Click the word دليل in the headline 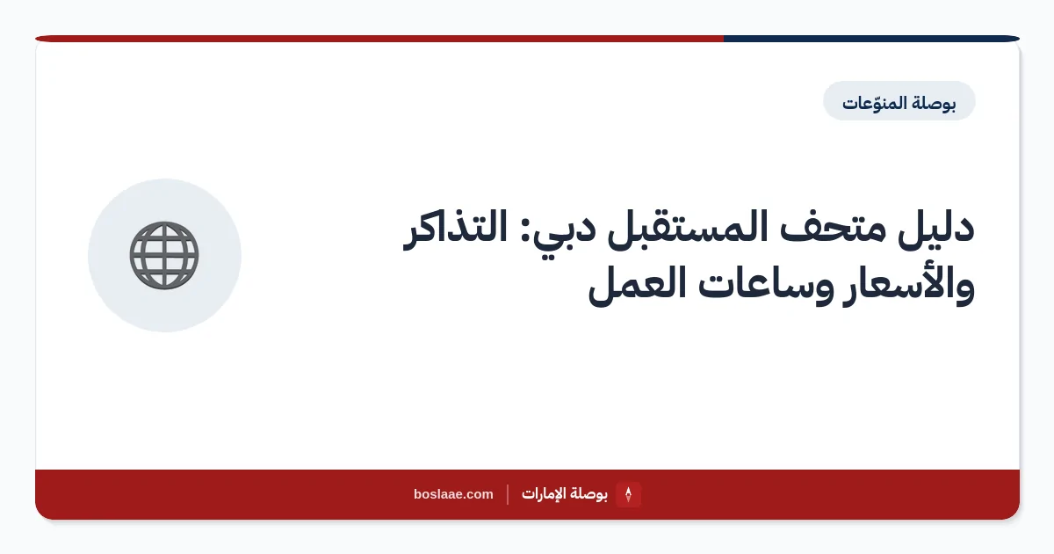tap(936, 229)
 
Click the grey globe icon tap(164, 255)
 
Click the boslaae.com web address tap(453, 494)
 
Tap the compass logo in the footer tap(628, 494)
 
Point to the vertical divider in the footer tap(508, 494)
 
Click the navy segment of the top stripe tap(871, 39)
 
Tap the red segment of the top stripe tap(379, 39)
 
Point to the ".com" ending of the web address tap(477, 494)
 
